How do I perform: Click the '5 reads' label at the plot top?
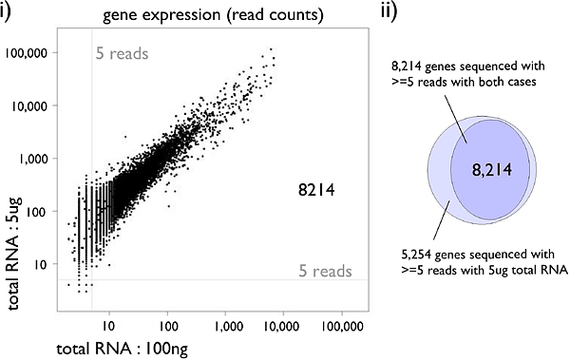click(x=123, y=53)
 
